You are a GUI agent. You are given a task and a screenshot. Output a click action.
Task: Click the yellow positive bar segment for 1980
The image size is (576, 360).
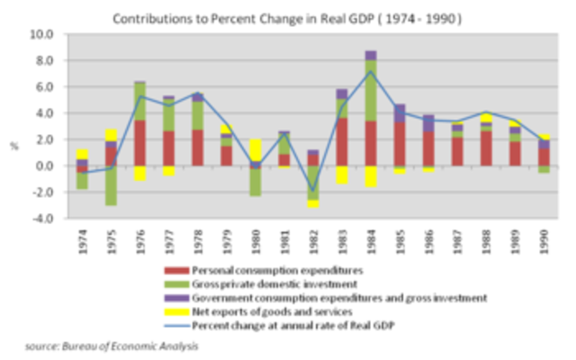(255, 149)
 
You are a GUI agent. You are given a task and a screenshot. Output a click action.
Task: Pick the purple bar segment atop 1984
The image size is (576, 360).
(371, 56)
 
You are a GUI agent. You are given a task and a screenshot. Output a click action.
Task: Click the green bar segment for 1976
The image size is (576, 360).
(139, 101)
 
